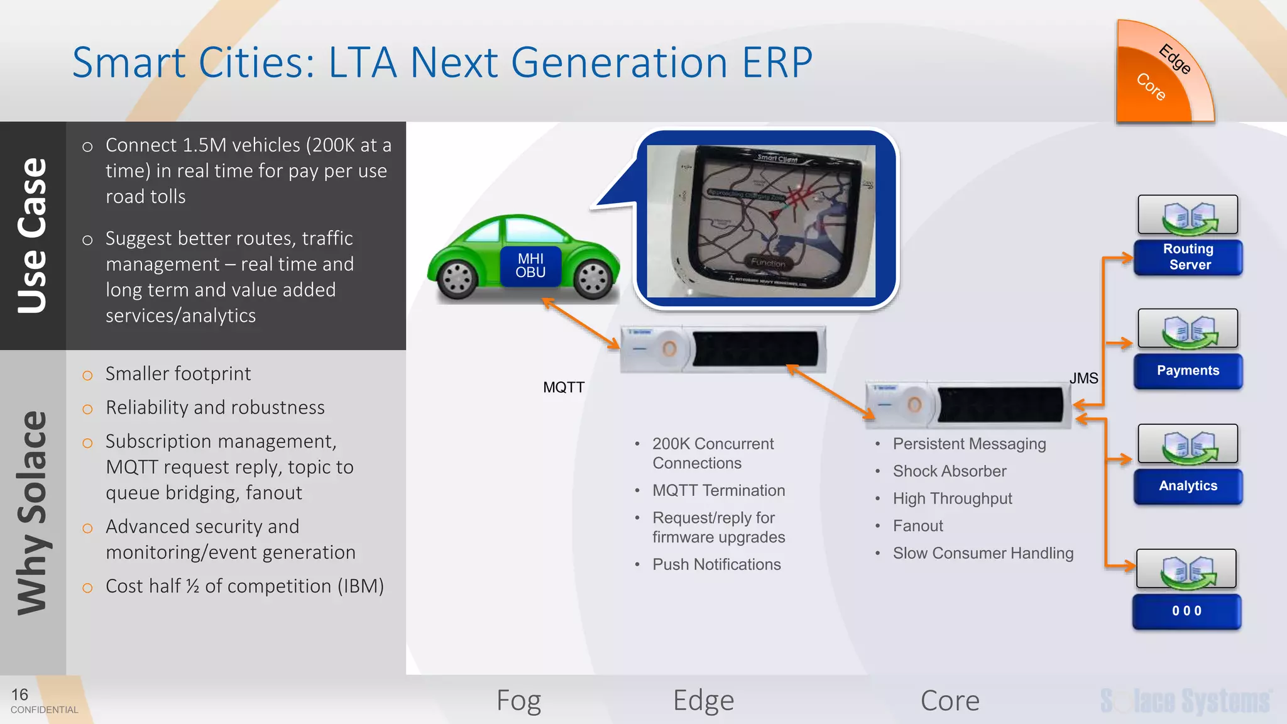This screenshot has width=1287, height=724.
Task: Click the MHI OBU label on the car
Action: pyautogui.click(x=530, y=266)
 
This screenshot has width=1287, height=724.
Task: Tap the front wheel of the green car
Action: pyautogui.click(x=593, y=279)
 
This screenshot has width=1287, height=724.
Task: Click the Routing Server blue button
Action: pyautogui.click(x=1188, y=257)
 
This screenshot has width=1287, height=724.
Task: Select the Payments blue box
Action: pyautogui.click(x=1188, y=371)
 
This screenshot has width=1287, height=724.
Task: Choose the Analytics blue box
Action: pyautogui.click(x=1188, y=486)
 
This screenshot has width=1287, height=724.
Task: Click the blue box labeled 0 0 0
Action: pyautogui.click(x=1186, y=611)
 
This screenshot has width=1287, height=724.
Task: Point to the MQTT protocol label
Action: pyautogui.click(x=564, y=387)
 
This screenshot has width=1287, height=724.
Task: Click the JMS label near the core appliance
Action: pyautogui.click(x=1083, y=378)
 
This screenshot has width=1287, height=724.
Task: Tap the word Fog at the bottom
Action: pyautogui.click(x=518, y=700)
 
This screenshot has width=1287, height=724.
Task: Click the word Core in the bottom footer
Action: pyautogui.click(x=950, y=700)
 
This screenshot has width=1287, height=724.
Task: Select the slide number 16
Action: pyautogui.click(x=19, y=694)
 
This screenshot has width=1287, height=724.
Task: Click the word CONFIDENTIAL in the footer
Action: pyautogui.click(x=44, y=710)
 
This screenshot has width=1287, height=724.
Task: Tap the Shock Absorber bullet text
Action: pyautogui.click(x=949, y=471)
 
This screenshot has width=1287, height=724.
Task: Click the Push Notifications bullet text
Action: pyautogui.click(x=716, y=564)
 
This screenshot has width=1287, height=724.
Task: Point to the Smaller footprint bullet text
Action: pyautogui.click(x=178, y=374)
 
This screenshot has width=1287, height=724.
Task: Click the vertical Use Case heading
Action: pyautogui.click(x=33, y=236)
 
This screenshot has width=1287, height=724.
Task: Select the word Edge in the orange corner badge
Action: pyautogui.click(x=1174, y=59)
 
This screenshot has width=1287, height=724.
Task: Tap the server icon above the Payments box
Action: pyautogui.click(x=1188, y=329)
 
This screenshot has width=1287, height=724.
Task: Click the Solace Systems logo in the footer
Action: pyautogui.click(x=1185, y=701)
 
